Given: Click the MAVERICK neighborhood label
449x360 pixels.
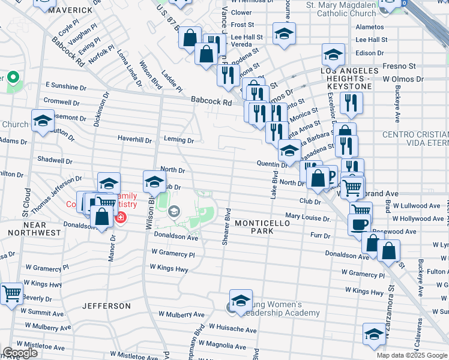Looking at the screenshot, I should [x=71, y=10].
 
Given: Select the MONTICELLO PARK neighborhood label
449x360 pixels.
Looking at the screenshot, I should [x=262, y=227].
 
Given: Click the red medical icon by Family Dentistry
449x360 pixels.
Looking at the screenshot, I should [x=121, y=217].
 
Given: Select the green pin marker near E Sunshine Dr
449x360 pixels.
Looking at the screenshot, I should [x=12, y=79].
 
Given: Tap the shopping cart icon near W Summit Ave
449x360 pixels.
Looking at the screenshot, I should [x=11, y=294].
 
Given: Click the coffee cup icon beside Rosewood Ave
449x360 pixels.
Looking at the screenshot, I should [x=360, y=224].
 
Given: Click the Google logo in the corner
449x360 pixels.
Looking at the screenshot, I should [x=20, y=353].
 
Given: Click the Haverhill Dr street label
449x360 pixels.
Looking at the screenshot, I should [x=134, y=140].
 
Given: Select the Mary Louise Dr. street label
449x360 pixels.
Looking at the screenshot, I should [x=308, y=217].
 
